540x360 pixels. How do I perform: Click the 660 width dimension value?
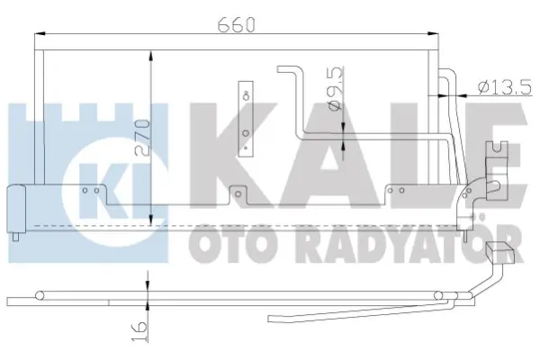click(237, 27)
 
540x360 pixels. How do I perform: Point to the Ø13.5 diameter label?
click(507, 87)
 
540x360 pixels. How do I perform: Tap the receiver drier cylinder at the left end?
click(16, 207)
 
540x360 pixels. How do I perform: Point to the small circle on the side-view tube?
click(40, 293)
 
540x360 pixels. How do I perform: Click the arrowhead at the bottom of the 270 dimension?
click(150, 220)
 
